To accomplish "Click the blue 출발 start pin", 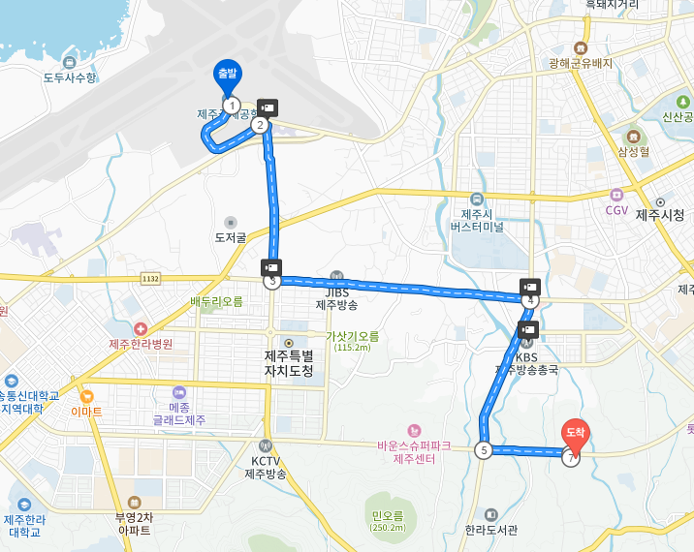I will pos(228,75).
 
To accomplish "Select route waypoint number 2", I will pos(259,124).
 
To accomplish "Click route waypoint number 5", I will pos(483,449).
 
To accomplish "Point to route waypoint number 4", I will pos(529,301).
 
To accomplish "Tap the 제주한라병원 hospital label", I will pos(141,343).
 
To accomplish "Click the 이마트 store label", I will pos(86,410).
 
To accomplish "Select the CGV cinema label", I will pos(616,210).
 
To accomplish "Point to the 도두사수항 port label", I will pos(71,77).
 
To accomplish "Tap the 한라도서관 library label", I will pos(491,530).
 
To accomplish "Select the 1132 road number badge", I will pos(149,278).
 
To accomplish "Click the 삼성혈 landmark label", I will pos(633,151).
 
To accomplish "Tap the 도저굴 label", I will pos(231,236).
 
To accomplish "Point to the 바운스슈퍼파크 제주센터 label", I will pos(415,451).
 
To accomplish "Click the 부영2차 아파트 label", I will pos(134,524).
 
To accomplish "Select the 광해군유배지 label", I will pos(581,63).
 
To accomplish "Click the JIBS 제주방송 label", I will pos(336,298).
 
